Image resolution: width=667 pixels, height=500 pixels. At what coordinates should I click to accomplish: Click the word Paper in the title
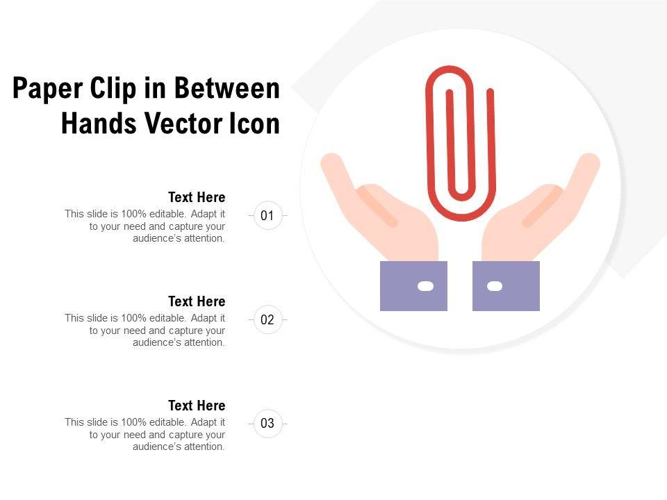(47, 88)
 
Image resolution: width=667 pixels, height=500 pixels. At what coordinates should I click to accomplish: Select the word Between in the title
(227, 88)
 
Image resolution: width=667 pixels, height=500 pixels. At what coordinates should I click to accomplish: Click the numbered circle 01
(267, 215)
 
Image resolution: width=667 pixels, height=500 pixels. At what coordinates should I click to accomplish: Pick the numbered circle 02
(267, 319)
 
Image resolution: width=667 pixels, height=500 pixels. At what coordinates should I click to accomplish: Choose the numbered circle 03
(267, 424)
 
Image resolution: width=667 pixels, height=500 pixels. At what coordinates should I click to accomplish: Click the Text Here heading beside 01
(197, 197)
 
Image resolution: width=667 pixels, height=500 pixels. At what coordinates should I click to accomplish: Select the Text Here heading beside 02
(197, 301)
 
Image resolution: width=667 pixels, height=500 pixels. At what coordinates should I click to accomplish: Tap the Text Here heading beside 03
(197, 406)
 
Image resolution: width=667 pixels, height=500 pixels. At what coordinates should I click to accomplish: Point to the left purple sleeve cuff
(413, 285)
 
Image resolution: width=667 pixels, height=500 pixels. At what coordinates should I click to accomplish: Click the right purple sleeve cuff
(507, 285)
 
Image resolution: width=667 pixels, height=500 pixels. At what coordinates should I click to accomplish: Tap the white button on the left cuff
(425, 286)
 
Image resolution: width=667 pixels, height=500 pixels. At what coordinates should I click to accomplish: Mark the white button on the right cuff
(494, 286)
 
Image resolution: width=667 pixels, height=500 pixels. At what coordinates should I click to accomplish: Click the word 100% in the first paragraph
(134, 214)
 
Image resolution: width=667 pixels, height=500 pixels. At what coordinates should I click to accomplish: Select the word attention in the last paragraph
(204, 447)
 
